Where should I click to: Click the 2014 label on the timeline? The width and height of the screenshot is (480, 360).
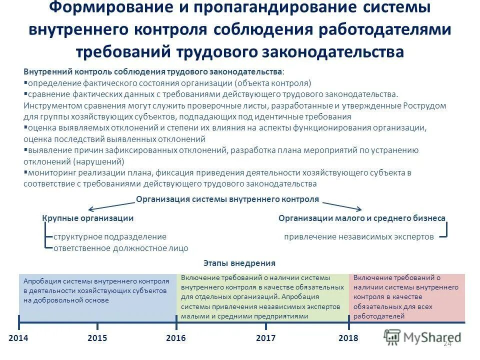click(x=18, y=338)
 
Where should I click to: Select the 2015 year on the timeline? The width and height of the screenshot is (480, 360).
click(x=97, y=338)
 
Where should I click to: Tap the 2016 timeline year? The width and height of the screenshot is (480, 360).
click(x=176, y=338)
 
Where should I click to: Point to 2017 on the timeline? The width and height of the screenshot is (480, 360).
click(x=266, y=338)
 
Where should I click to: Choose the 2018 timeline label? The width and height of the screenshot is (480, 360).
click(x=348, y=338)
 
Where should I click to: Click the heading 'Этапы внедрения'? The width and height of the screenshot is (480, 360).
click(x=239, y=263)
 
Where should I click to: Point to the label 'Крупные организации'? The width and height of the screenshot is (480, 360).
click(x=87, y=218)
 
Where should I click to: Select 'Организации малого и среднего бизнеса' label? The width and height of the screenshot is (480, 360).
click(x=362, y=218)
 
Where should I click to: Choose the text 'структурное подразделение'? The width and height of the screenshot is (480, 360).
click(x=110, y=236)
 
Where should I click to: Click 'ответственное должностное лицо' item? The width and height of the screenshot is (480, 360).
click(x=121, y=248)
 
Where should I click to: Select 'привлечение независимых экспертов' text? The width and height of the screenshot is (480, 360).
click(x=359, y=237)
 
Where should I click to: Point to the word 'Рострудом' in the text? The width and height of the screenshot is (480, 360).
click(x=424, y=106)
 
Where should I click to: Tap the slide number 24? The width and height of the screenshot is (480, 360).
click(x=447, y=344)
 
